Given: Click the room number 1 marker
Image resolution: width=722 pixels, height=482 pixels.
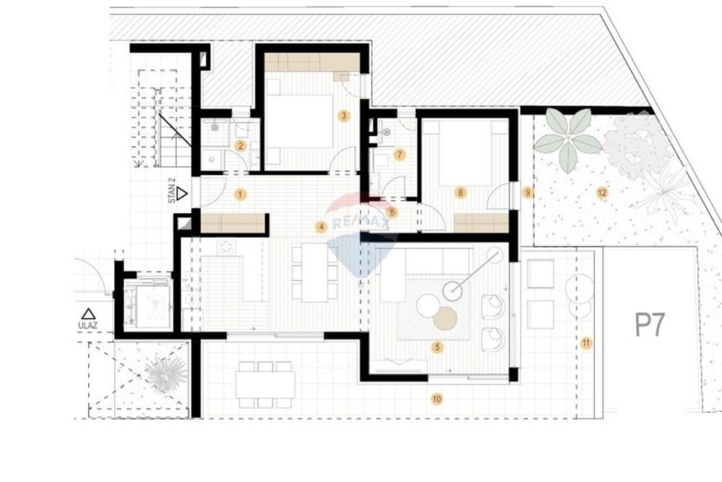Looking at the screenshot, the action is (x=240, y=194).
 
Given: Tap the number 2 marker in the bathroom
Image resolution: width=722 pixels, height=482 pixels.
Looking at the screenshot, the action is (x=240, y=146).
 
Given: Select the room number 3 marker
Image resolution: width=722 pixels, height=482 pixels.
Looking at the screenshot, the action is (x=344, y=115).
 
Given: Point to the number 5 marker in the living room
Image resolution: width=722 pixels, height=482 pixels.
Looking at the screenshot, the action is (x=438, y=347).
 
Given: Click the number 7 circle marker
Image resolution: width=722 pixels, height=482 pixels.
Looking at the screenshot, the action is (x=399, y=155).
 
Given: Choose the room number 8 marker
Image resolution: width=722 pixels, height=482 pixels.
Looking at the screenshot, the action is (x=460, y=193).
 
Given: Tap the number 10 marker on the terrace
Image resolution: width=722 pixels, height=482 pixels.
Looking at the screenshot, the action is (x=437, y=399).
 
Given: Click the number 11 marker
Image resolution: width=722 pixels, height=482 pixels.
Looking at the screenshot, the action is (x=586, y=343).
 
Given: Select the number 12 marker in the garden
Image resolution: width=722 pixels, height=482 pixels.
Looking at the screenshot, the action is (x=602, y=193).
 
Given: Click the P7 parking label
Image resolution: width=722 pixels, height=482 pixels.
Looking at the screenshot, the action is (x=650, y=324).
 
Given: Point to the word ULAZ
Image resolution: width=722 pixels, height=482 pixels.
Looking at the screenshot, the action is (x=87, y=326).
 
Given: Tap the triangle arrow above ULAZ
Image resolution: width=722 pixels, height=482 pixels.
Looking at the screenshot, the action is (x=88, y=314).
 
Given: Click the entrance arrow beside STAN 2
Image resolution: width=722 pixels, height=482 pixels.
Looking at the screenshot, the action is (x=183, y=194).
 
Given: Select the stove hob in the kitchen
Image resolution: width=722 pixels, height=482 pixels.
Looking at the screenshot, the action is (x=226, y=246).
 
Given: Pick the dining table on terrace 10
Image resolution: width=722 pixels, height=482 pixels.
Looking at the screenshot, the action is (x=265, y=385).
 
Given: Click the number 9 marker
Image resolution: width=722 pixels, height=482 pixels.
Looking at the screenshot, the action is (x=528, y=193).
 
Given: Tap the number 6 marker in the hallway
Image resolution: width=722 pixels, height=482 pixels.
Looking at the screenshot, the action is (x=392, y=212).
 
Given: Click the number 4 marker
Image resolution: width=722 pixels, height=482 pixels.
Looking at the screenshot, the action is (x=321, y=227).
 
